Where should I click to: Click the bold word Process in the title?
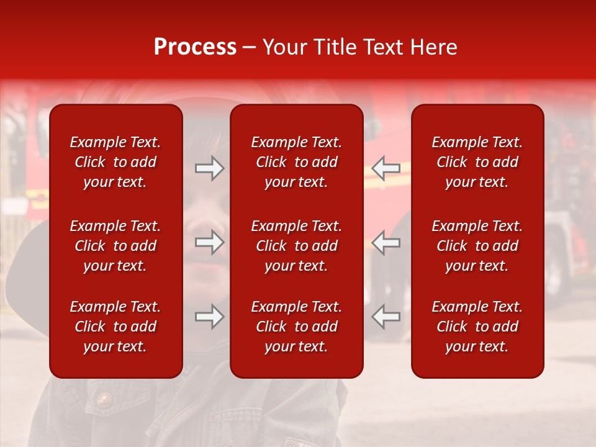click(x=195, y=47)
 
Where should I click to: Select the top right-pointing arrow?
click(x=210, y=168)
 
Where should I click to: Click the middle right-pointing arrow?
click(x=210, y=242)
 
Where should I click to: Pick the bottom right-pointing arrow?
click(x=210, y=317)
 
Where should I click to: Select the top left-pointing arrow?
click(x=386, y=168)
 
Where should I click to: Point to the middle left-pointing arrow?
click(x=386, y=242)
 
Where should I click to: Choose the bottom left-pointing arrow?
click(x=386, y=317)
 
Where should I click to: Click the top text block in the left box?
click(x=115, y=162)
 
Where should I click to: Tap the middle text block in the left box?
click(x=115, y=246)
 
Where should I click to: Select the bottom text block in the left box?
click(x=115, y=327)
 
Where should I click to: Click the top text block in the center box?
click(x=296, y=162)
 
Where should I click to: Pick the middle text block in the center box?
click(x=296, y=246)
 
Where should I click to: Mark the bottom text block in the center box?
click(x=296, y=327)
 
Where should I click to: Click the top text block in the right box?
click(x=477, y=162)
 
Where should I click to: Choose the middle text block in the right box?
click(x=477, y=246)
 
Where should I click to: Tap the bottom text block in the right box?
click(x=477, y=327)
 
